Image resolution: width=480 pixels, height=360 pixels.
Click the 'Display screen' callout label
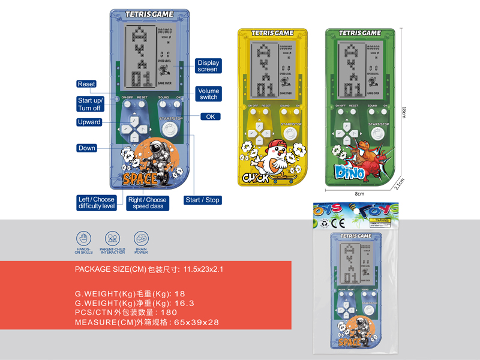[x=208, y=66]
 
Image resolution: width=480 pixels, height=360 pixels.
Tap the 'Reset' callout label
[x=86, y=84]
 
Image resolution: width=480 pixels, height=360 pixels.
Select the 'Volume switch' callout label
[x=209, y=94]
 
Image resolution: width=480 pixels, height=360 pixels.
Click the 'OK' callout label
[x=210, y=116]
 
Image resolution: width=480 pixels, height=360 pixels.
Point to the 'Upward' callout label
[x=89, y=122]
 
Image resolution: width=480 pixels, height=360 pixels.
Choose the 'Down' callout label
[x=87, y=148]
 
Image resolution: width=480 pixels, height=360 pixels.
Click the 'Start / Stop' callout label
[x=202, y=200]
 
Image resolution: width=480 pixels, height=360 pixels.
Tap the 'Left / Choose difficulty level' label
[x=97, y=203]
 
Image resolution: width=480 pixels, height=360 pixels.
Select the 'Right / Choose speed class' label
[x=147, y=203]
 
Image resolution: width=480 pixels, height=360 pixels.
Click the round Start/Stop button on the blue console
[x=170, y=131]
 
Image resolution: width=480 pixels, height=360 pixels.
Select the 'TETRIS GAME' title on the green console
[x=359, y=33]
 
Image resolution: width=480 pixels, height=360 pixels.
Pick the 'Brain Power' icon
[x=142, y=238]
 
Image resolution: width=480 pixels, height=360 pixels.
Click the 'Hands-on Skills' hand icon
[x=83, y=238]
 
